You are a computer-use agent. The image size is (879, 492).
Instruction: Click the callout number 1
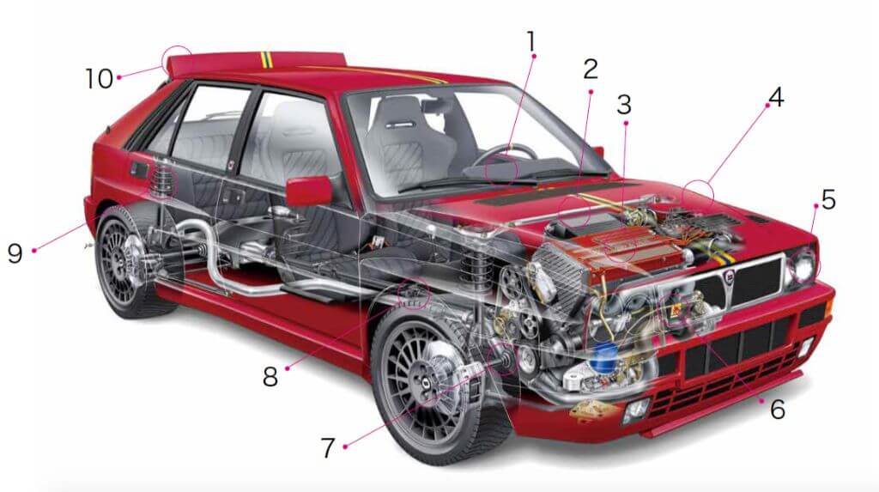point(530,41)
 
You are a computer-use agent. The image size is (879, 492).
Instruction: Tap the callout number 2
point(591,69)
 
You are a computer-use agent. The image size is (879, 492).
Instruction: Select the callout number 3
point(624,105)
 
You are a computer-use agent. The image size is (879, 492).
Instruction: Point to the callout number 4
point(776,97)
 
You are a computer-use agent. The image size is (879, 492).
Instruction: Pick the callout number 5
point(828,199)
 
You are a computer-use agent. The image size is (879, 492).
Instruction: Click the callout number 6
point(778,410)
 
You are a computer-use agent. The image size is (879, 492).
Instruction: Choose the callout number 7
point(328,447)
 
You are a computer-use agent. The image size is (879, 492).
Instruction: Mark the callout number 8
point(270,377)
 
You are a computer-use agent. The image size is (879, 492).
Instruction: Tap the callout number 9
point(15,253)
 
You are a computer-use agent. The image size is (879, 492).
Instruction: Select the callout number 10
point(100,78)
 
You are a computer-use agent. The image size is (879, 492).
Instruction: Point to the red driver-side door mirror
point(309,191)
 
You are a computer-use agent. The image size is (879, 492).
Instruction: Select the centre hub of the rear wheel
point(118,261)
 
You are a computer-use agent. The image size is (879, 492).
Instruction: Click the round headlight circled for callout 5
point(803,266)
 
